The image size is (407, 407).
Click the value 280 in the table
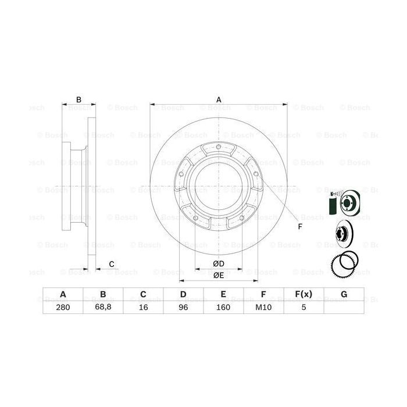(63, 308)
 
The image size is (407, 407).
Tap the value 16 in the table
(143, 308)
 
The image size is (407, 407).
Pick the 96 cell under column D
(183, 308)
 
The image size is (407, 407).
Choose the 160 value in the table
(223, 308)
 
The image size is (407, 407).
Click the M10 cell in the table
(263, 308)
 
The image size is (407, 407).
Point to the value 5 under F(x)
(304, 308)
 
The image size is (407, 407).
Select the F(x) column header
(304, 294)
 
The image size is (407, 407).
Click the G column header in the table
(344, 294)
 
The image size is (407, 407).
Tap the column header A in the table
(63, 294)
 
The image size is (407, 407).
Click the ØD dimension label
(219, 265)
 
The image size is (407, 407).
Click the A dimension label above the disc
(219, 99)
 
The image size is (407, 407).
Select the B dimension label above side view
(79, 99)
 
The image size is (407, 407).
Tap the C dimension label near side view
(111, 265)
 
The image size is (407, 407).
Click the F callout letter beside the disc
(300, 226)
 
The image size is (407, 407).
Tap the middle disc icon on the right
(343, 234)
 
